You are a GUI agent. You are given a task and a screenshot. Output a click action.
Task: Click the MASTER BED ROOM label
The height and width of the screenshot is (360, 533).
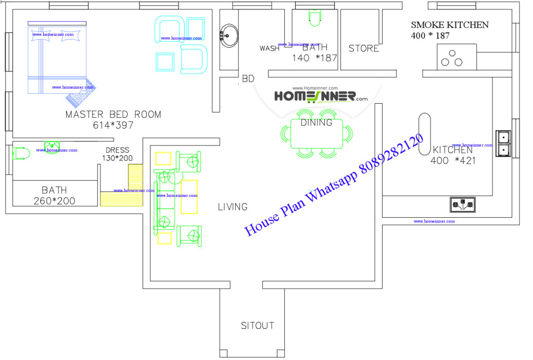click(x=113, y=114)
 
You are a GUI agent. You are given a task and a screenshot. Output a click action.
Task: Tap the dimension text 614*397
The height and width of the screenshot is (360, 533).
click(x=113, y=125)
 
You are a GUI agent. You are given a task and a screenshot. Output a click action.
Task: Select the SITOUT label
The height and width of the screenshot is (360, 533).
click(x=257, y=326)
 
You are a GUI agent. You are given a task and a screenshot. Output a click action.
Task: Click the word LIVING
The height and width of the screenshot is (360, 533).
click(x=233, y=207)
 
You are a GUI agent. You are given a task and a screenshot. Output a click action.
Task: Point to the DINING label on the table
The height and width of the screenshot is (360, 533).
click(x=316, y=123)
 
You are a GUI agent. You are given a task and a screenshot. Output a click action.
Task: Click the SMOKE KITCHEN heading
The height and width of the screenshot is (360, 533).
click(x=450, y=24)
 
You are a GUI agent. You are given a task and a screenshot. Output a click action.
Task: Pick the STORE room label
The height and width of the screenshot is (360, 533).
click(x=363, y=48)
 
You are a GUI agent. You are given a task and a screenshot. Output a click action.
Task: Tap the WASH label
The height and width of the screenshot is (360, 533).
click(x=270, y=48)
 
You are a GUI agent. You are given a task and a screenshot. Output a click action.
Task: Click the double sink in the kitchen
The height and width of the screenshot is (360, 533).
click(x=504, y=143)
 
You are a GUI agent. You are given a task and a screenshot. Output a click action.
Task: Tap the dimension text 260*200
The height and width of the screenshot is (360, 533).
click(x=54, y=201)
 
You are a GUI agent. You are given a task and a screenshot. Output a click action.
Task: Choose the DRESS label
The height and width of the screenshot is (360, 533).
click(x=117, y=150)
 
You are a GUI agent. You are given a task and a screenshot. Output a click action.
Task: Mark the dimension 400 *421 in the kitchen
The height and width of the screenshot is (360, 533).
click(x=453, y=161)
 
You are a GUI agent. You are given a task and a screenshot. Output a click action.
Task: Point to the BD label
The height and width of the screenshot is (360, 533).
click(x=248, y=79)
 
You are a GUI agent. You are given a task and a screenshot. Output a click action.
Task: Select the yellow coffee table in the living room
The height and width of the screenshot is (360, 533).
click(x=189, y=196)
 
